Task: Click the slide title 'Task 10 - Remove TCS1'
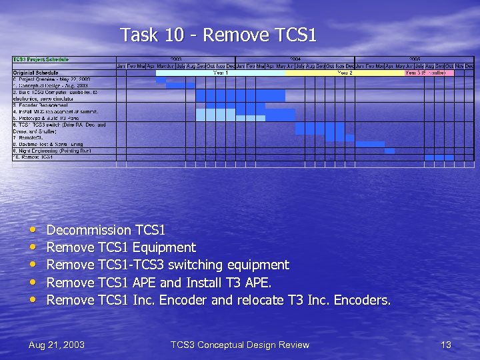218,35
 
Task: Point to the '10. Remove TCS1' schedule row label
33,157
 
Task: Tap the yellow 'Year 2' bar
345,73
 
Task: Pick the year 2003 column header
176,59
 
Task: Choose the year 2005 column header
414,59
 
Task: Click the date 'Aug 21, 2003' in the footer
57,345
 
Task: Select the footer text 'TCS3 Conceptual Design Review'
240,345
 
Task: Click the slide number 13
446,345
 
